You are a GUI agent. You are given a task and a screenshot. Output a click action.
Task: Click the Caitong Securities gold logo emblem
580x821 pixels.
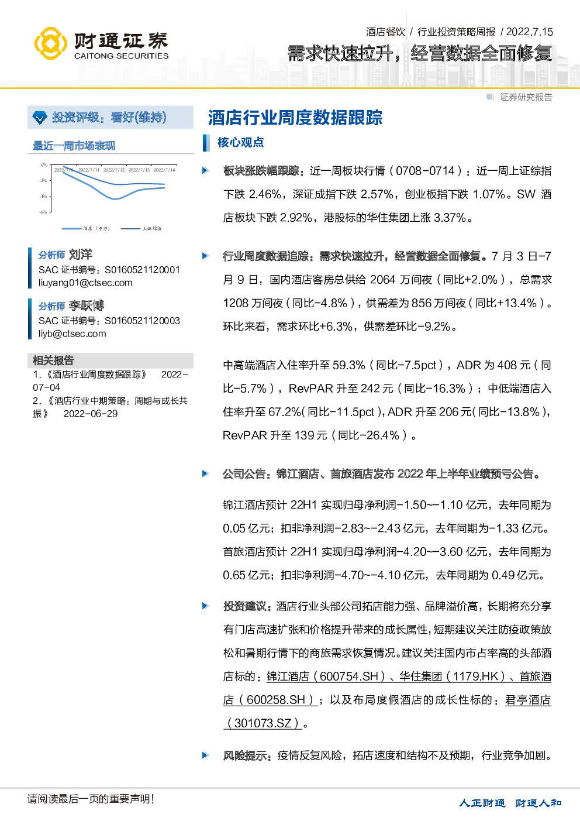(x=50, y=43)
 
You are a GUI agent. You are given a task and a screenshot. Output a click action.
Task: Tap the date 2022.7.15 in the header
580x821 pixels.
(x=530, y=32)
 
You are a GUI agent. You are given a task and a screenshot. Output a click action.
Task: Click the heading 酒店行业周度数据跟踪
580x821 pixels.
(x=295, y=118)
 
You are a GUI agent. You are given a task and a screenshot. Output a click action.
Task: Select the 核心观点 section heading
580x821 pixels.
(x=240, y=142)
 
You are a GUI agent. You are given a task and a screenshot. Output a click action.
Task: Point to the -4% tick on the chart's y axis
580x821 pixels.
(x=43, y=197)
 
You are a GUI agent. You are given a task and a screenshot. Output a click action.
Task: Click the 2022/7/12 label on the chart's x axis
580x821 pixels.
(x=114, y=170)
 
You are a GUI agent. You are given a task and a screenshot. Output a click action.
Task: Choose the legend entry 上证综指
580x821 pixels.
(x=151, y=228)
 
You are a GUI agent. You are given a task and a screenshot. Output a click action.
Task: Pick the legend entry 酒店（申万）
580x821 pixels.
(x=96, y=228)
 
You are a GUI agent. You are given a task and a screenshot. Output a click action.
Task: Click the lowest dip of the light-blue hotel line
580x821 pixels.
(x=115, y=199)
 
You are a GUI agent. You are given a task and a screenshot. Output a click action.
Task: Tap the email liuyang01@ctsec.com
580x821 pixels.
(x=85, y=283)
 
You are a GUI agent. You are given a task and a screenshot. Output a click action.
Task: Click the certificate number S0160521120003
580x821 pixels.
(x=142, y=321)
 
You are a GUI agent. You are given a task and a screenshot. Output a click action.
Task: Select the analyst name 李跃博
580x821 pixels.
(x=87, y=305)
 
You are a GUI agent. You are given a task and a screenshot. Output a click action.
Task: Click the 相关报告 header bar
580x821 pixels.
(x=111, y=360)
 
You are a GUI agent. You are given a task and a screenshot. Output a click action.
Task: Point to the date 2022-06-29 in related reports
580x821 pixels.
(x=91, y=414)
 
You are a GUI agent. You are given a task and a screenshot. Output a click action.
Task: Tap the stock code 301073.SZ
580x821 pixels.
(x=263, y=723)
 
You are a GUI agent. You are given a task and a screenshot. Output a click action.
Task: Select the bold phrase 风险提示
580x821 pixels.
(x=245, y=755)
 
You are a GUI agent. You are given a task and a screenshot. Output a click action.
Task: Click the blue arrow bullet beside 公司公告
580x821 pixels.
(x=205, y=473)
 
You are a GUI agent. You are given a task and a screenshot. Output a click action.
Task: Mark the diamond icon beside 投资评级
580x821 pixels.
(x=40, y=118)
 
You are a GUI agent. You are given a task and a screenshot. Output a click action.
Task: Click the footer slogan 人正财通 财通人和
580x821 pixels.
(x=510, y=803)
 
